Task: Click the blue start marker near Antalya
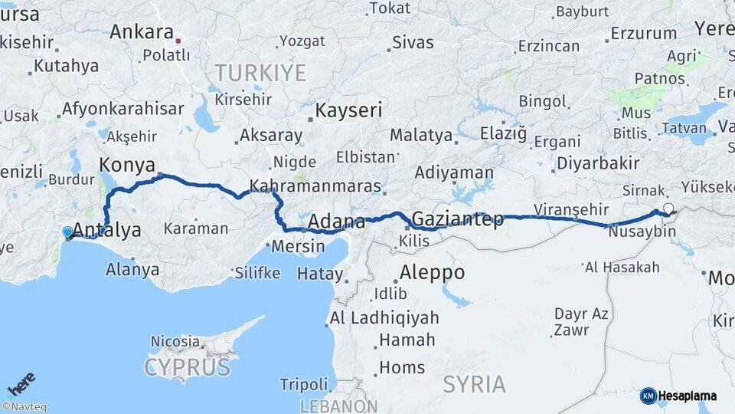tap(67, 232)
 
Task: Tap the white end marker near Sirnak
tap(668, 208)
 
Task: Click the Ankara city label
tap(142, 32)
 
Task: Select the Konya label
tap(127, 165)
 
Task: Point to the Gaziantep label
tap(458, 220)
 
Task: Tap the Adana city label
tap(336, 222)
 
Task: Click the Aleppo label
tap(432, 272)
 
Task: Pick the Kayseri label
tap(349, 110)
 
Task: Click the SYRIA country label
tap(474, 383)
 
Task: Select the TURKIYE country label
tap(260, 73)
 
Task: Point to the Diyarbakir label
tap(598, 163)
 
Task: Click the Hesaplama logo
tap(678, 396)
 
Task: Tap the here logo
tap(21, 383)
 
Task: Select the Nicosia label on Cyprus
tap(175, 340)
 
